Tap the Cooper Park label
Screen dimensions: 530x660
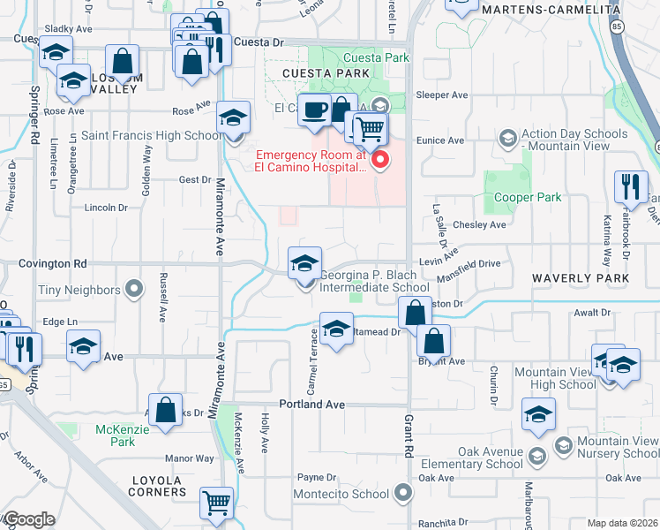(528, 197)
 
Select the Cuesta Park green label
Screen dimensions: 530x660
(384, 58)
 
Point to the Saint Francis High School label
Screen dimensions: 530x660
(153, 136)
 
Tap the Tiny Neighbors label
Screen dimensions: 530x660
(79, 290)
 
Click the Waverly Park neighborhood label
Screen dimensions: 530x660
(581, 278)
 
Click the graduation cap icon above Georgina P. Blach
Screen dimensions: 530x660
(304, 262)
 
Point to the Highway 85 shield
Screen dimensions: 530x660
(614, 27)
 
